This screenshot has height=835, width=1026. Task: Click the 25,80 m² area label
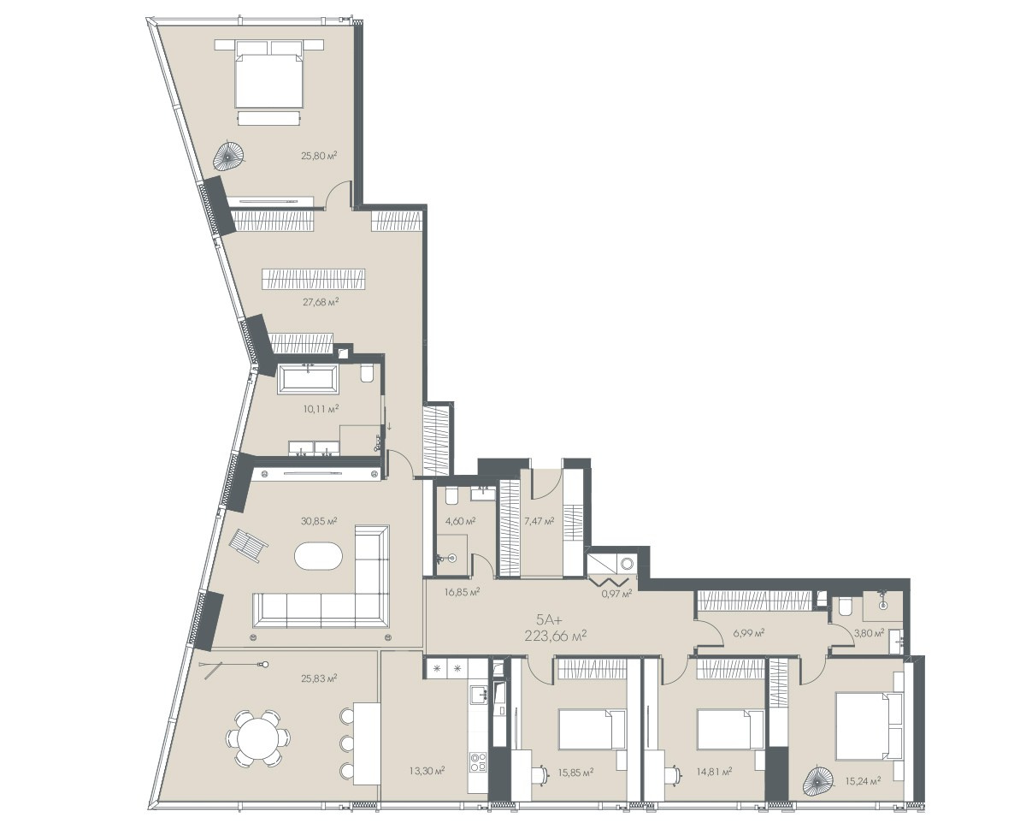318,155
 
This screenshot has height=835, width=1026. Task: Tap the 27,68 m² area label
321,302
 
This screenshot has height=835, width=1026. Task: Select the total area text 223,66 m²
556,637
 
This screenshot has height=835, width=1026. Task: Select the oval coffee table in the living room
318,556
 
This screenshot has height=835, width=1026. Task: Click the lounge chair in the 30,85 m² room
249,545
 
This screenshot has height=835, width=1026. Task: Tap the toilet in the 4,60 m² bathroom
451,496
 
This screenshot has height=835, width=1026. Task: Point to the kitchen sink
479,696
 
